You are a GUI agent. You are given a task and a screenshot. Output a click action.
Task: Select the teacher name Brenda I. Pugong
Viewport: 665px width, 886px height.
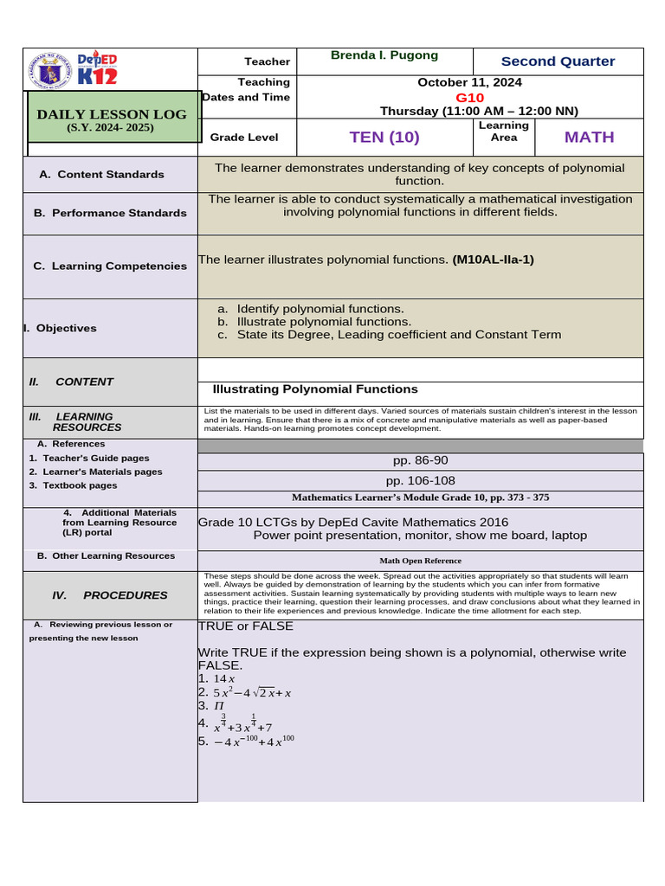coord(384,55)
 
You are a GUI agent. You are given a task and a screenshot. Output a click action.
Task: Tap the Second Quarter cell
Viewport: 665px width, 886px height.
coord(558,61)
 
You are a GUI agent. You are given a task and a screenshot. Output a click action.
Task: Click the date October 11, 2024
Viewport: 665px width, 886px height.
coord(469,83)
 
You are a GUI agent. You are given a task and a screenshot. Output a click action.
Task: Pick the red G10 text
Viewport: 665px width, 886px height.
coord(469,98)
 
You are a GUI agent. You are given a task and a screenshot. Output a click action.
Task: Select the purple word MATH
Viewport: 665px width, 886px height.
coord(589,138)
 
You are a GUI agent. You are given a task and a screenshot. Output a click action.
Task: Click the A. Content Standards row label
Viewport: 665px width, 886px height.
coord(101,175)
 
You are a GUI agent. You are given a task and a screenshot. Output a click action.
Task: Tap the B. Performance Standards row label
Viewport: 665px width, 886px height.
coord(110,213)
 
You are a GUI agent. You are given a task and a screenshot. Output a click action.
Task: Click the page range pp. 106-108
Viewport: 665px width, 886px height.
coord(420,481)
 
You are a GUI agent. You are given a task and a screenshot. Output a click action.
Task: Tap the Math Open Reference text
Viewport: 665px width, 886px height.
coord(420,561)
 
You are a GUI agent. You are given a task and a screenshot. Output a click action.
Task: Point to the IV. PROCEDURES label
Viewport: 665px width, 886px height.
coord(110,595)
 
